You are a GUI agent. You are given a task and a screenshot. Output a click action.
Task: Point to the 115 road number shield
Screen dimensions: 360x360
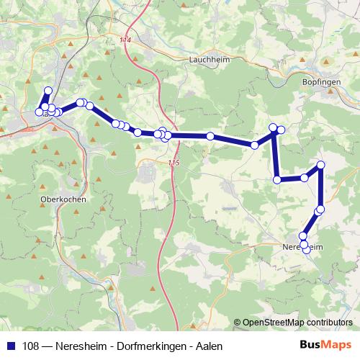173,164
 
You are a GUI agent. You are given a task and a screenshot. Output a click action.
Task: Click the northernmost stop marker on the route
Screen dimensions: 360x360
48,91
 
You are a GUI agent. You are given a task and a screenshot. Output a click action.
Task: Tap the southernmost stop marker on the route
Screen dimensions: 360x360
307,250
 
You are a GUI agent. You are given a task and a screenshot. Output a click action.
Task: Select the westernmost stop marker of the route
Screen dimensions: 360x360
39,112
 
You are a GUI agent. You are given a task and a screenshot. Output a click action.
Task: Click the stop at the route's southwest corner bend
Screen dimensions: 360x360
277,179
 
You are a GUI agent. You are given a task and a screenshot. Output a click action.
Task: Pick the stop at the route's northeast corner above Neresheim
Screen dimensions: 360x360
320,166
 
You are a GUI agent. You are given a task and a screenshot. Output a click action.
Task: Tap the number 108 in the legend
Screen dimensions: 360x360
32,346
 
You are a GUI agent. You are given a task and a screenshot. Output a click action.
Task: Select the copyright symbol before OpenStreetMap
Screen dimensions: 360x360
238,323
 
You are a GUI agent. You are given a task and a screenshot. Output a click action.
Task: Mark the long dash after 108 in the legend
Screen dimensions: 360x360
49,346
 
